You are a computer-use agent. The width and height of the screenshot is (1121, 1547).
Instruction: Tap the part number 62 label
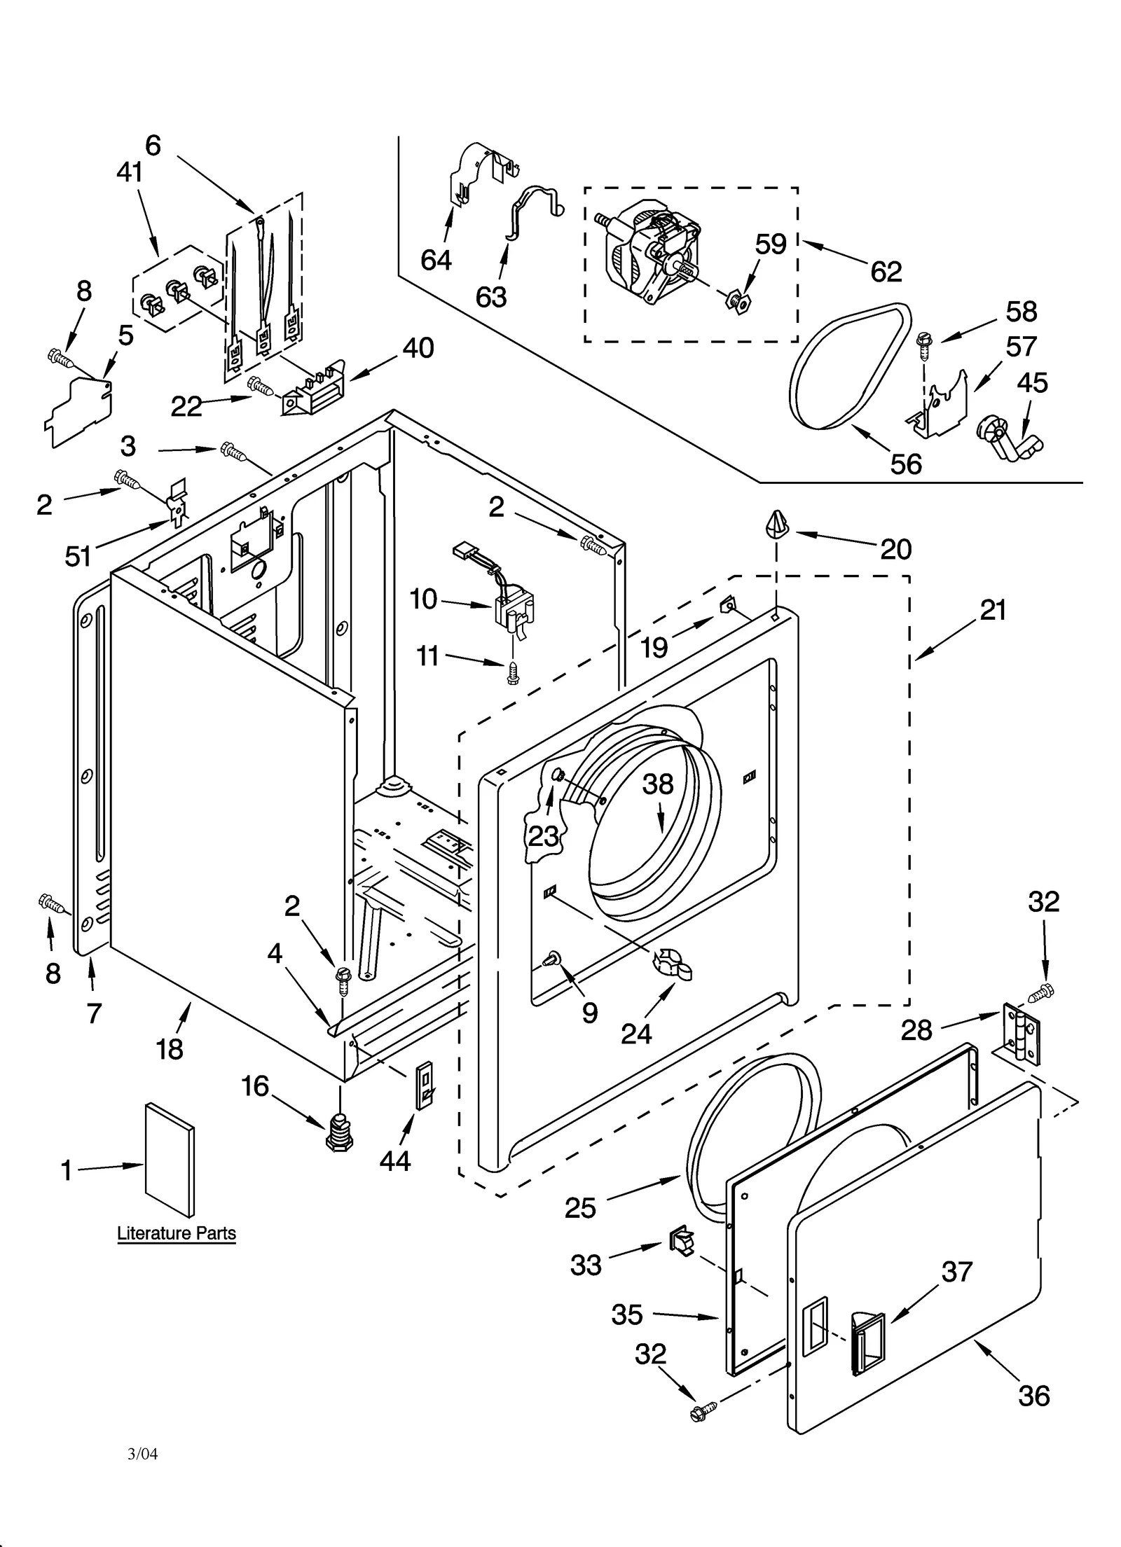[x=886, y=272]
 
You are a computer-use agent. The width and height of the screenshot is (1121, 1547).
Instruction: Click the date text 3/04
[x=142, y=1455]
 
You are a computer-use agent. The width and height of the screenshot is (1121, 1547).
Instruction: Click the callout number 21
[x=993, y=610]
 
